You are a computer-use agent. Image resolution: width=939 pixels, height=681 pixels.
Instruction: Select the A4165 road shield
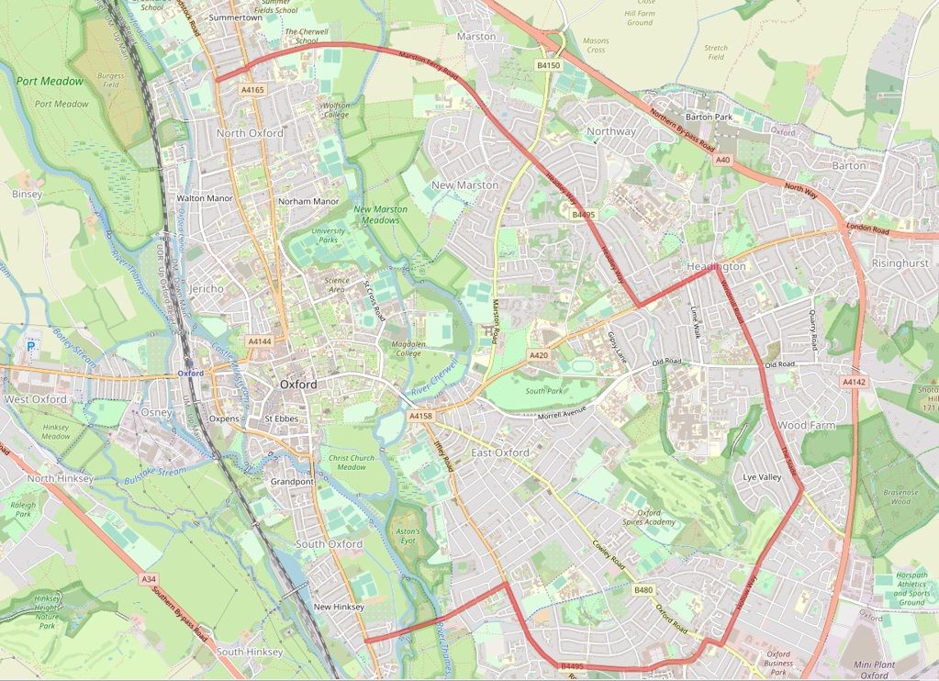(x=252, y=90)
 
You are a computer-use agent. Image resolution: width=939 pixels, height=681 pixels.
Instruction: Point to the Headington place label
(x=715, y=266)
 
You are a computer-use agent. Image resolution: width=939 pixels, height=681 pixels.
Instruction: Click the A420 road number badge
(x=539, y=355)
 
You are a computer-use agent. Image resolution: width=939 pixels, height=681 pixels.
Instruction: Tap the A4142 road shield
(x=853, y=381)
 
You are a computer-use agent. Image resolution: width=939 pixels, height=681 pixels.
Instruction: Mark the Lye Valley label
(x=762, y=477)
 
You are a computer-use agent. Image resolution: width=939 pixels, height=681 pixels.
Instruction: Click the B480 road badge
(x=643, y=590)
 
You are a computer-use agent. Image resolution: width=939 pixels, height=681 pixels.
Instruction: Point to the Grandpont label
(x=293, y=482)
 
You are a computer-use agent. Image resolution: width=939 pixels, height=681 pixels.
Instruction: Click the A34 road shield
(x=150, y=579)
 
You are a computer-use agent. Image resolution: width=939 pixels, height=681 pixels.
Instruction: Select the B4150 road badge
(x=548, y=65)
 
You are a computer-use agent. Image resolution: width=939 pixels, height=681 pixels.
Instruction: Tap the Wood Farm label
(x=805, y=426)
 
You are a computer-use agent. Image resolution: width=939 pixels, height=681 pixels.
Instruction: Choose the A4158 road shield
(x=419, y=416)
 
